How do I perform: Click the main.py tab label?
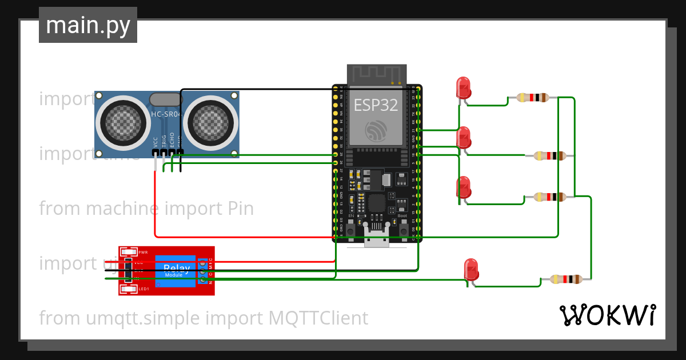(88, 25)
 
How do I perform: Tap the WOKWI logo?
(607, 315)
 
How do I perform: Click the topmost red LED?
(463, 89)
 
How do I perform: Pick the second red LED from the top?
(464, 138)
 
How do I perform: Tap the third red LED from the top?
(464, 187)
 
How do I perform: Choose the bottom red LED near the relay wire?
(472, 269)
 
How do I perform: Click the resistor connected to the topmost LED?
(532, 98)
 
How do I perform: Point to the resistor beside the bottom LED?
(566, 279)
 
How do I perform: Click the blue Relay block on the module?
(177, 270)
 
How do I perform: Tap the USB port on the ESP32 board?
(377, 240)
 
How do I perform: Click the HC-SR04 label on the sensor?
(165, 115)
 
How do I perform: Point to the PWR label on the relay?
(143, 252)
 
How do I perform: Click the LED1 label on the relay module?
(143, 289)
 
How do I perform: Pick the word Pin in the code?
(237, 209)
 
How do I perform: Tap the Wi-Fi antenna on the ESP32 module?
(377, 74)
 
